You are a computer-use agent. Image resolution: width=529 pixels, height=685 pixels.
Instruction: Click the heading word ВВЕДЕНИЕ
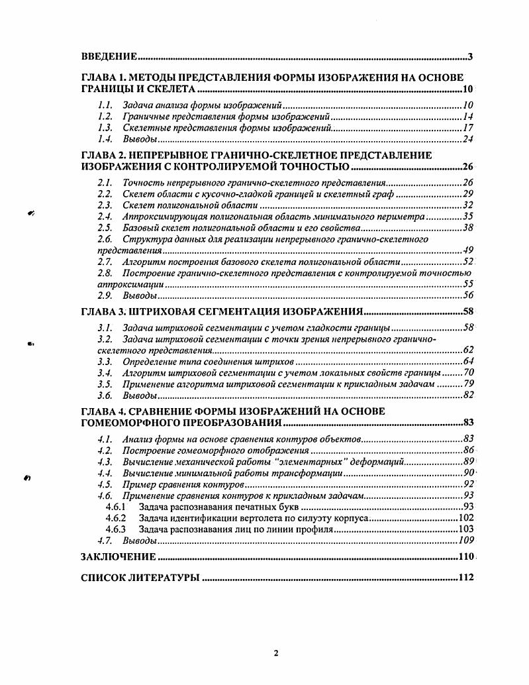[109, 56]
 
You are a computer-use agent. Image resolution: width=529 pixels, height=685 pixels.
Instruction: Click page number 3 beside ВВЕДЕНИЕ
[469, 56]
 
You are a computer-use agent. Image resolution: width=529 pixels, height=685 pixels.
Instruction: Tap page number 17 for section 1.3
[467, 128]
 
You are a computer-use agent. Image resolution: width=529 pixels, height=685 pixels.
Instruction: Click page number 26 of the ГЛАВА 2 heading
[466, 166]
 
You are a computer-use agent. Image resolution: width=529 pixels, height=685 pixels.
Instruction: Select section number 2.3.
[104, 205]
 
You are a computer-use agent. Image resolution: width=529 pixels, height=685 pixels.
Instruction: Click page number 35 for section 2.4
[467, 217]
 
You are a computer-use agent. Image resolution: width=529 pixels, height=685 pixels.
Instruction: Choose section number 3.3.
[104, 361]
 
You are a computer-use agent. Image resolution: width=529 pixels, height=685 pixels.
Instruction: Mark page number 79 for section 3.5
[467, 384]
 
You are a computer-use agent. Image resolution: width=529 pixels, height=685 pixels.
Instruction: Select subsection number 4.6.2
[115, 518]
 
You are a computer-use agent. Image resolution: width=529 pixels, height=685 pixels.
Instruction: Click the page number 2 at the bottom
[275, 653]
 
